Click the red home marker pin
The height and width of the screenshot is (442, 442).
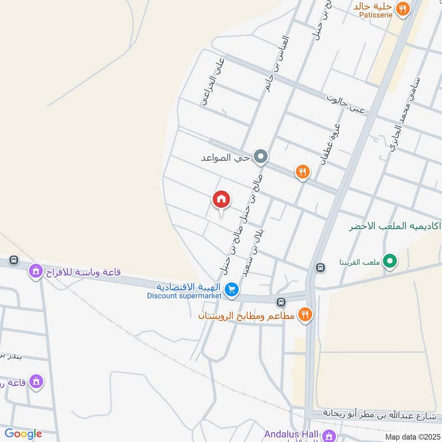pos(222,200)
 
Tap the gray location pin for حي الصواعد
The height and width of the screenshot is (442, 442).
pos(261,157)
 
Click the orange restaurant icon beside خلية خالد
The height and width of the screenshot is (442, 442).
pos(403,8)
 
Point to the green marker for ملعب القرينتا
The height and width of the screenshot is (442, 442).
pos(391,261)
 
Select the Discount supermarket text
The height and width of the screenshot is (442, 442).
pos(184,296)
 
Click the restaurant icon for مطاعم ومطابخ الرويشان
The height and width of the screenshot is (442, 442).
pos(304,315)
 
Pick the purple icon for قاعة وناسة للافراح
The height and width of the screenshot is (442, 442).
pos(36,271)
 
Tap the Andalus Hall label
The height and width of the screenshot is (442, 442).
pos(292,434)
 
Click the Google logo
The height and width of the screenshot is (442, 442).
pos(23,434)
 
